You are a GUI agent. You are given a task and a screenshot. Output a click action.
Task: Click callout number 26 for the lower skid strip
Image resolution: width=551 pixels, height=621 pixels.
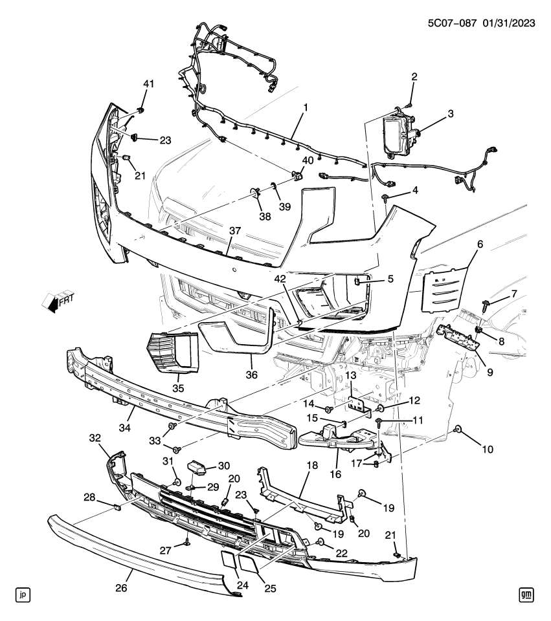pos(122,588)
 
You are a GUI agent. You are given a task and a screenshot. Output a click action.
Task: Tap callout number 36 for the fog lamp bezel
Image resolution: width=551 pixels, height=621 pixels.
pos(251,374)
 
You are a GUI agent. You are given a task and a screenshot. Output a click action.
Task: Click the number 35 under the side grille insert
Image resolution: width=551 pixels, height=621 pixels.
pos(177,388)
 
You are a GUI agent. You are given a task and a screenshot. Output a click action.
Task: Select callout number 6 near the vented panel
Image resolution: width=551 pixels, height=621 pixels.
pos(480,245)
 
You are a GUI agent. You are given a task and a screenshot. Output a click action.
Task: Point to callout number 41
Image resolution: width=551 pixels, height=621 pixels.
pos(149,84)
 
